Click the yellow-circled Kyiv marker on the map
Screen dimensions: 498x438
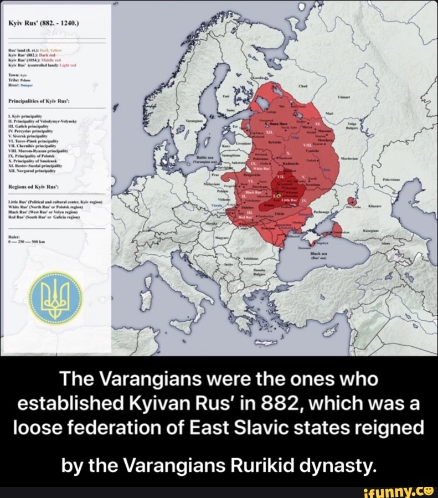[279, 196]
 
